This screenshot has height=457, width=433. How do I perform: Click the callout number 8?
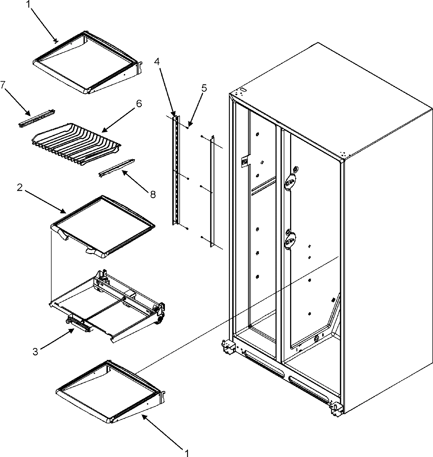152,195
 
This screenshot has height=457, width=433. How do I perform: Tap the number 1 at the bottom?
187,451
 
